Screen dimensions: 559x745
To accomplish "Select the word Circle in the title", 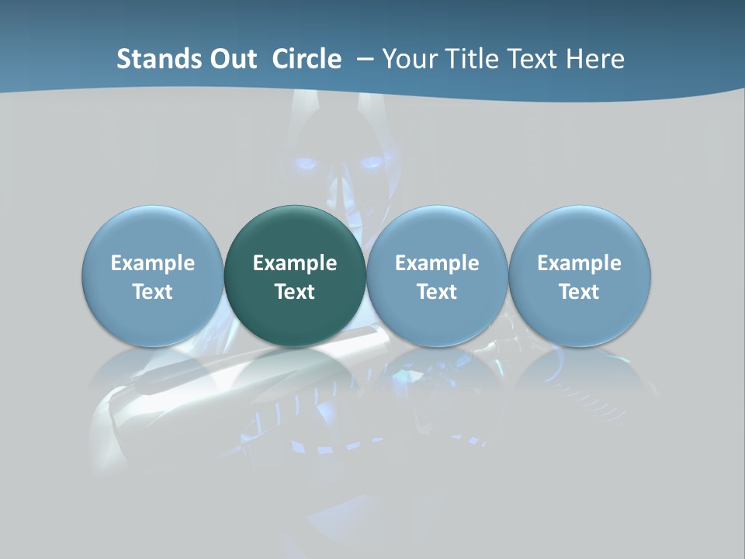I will tap(307, 59).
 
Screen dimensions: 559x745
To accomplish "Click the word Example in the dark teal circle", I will tap(295, 263).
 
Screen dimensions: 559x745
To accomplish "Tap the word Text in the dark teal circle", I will tap(295, 292).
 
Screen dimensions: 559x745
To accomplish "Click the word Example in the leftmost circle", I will tap(153, 263).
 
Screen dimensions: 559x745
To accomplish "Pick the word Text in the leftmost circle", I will tap(153, 292).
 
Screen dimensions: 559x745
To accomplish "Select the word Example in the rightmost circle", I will tap(580, 263).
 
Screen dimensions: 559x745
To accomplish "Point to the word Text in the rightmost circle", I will tap(580, 292).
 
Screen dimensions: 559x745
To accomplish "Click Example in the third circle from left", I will tap(437, 263).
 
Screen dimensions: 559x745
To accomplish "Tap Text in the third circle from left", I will tap(437, 292).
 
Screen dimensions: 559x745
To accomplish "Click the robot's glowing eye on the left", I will tap(307, 164).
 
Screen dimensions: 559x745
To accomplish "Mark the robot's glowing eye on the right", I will tap(371, 163).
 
